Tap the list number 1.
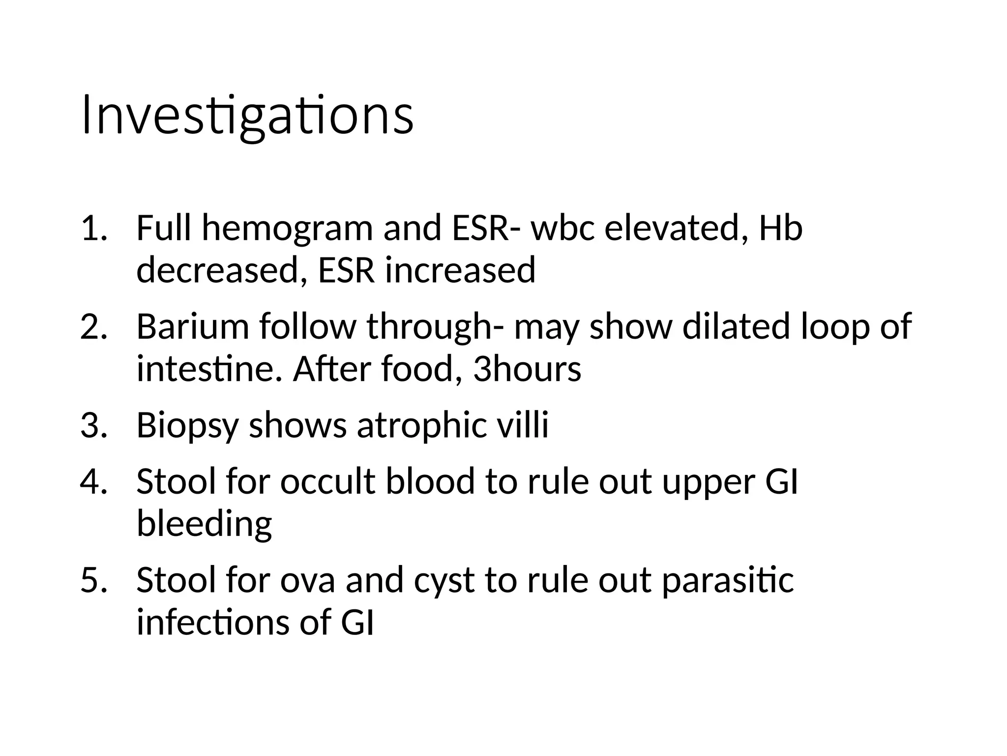pyautogui.click(x=93, y=228)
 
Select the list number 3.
pyautogui.click(x=93, y=425)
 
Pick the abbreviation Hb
pyautogui.click(x=780, y=228)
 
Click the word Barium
pyautogui.click(x=193, y=327)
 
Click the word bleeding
pyautogui.click(x=204, y=525)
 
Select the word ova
pyautogui.click(x=307, y=581)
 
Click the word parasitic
pyautogui.click(x=728, y=581)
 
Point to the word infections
pyautogui.click(x=213, y=622)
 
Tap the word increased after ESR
pyautogui.click(x=460, y=271)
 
